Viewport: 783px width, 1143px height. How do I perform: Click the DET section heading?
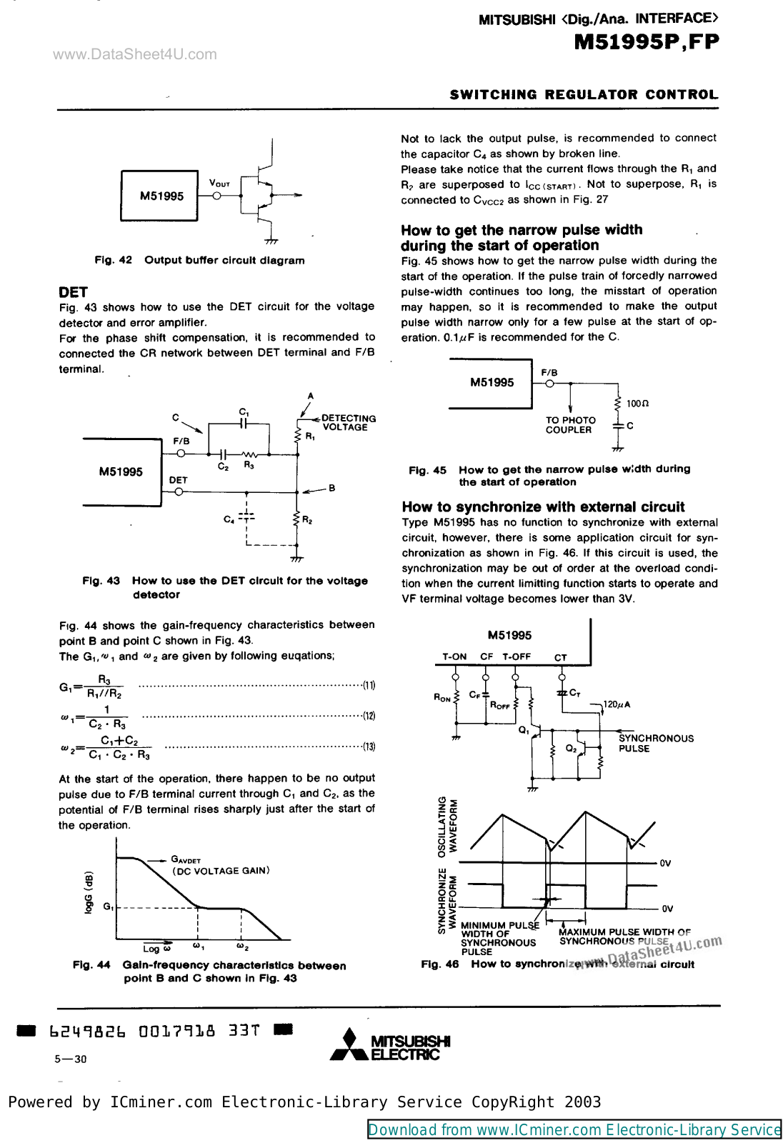73,292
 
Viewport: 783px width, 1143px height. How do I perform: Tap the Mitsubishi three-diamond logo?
349,1045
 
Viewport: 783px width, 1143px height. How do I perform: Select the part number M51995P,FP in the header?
646,42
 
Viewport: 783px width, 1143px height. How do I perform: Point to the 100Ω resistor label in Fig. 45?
637,404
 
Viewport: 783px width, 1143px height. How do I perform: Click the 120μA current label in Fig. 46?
617,704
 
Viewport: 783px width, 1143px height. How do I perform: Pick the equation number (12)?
369,716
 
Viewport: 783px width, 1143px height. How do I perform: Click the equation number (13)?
369,747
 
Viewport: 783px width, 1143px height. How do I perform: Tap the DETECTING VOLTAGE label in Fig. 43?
348,423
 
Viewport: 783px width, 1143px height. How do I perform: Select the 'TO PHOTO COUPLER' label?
570,425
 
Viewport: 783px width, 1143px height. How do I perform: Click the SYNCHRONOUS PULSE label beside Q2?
655,743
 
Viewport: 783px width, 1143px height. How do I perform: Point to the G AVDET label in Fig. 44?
186,860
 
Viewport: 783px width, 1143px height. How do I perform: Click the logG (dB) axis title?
89,892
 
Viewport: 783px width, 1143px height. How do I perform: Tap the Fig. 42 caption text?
199,261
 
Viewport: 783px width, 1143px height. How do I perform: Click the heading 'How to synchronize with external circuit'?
543,507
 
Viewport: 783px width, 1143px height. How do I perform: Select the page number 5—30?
70,1059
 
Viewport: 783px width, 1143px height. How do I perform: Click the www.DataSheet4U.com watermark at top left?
135,54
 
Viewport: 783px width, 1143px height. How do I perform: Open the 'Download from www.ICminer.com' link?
574,1129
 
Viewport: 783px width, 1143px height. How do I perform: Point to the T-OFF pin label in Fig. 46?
516,657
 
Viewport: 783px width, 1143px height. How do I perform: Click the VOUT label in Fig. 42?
219,184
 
